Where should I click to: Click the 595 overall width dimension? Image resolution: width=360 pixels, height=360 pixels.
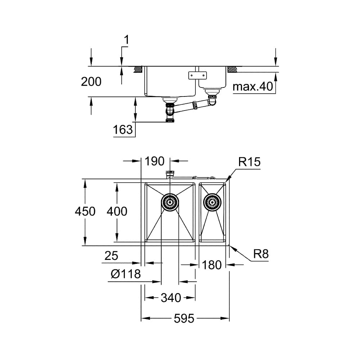[x=184, y=319]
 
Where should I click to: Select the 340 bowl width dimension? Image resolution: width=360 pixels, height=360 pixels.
[x=171, y=298]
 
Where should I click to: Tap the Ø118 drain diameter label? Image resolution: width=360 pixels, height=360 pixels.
[x=126, y=274]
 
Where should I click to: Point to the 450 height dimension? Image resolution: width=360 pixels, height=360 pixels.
[x=85, y=211]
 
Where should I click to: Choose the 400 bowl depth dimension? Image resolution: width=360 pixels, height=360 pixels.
[x=117, y=211]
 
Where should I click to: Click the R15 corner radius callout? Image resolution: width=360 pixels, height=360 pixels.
[x=249, y=162]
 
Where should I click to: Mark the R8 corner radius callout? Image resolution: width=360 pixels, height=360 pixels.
[x=261, y=254]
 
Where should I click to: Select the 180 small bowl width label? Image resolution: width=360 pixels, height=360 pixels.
[x=212, y=265]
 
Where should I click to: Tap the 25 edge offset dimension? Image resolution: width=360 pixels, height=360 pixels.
[x=111, y=256]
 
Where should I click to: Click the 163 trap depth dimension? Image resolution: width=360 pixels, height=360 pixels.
[x=123, y=130]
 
